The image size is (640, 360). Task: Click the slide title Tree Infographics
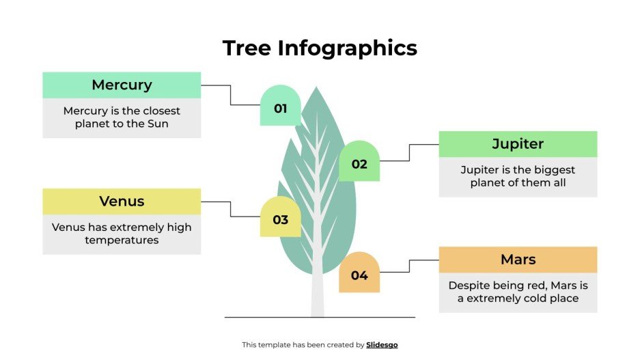[320, 48]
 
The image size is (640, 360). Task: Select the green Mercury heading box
[122, 85]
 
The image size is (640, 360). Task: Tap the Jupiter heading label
[518, 144]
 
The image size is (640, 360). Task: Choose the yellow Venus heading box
[122, 202]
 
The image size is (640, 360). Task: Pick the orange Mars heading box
[518, 260]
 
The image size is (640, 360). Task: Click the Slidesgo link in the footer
[382, 345]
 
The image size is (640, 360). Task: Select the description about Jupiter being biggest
[518, 176]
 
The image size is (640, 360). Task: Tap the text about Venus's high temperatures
[122, 234]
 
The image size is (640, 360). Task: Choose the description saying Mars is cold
[518, 292]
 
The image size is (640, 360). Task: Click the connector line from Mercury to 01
[230, 95]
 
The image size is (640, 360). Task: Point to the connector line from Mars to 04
[410, 266]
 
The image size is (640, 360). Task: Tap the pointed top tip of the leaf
[316, 88]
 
